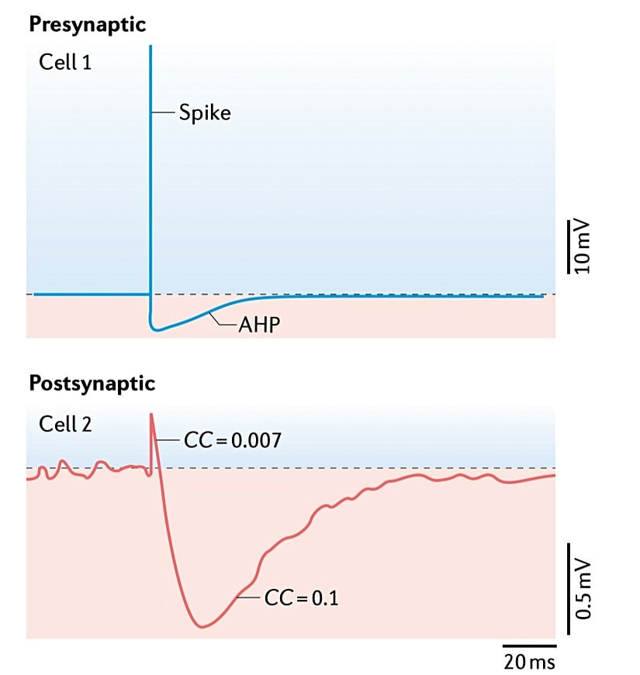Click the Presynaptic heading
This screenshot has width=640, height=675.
[88, 24]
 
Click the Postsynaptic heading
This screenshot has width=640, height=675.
[92, 383]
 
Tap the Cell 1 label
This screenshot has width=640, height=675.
[65, 62]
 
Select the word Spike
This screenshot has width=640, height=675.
[205, 113]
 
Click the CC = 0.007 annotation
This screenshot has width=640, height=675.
[232, 441]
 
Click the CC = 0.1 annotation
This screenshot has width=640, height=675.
[300, 598]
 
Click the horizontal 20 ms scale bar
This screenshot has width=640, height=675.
[529, 645]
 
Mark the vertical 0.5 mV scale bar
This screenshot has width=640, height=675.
[568, 583]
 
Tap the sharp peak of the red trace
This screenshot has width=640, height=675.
[151, 415]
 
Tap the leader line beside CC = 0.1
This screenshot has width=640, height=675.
[248, 598]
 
